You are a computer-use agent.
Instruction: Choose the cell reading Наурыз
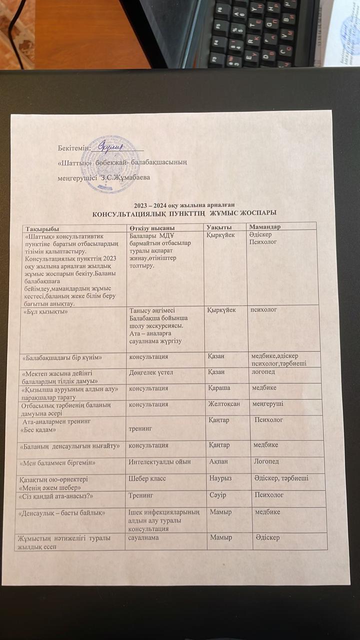click(220, 478)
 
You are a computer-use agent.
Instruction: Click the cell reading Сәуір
click(218, 495)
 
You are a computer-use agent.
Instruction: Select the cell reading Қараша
click(219, 388)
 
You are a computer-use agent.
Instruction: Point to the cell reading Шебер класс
click(147, 478)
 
